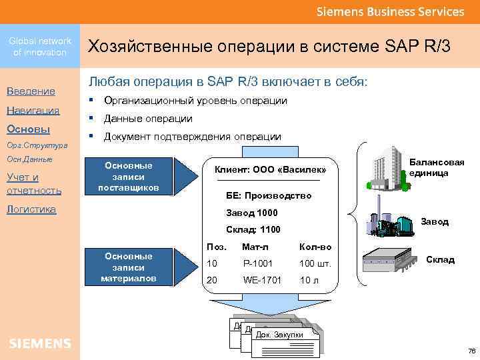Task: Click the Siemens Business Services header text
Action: tap(390, 12)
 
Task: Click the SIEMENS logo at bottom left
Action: tap(40, 343)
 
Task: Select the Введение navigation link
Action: tap(31, 91)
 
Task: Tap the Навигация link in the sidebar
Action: tap(33, 110)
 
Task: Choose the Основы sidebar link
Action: tap(28, 129)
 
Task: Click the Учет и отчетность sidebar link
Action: tap(33, 183)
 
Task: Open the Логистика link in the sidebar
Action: tap(31, 209)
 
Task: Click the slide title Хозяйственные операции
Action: tap(269, 47)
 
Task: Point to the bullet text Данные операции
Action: tap(149, 119)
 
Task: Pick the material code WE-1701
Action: tap(262, 279)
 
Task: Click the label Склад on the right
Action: tap(440, 260)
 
